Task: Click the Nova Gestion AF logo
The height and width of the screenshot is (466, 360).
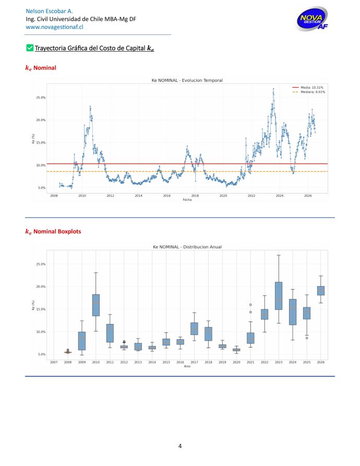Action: pos(312,19)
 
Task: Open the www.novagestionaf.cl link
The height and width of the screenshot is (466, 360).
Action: pos(54,27)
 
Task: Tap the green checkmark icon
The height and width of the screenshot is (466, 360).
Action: pos(30,48)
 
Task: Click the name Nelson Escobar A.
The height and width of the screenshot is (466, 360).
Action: pos(50,11)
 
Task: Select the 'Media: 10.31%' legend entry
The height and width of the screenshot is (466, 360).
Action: pos(308,88)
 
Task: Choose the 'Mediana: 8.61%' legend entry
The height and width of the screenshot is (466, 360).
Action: pos(309,92)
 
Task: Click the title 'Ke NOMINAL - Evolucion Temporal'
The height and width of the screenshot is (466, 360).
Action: pos(187,80)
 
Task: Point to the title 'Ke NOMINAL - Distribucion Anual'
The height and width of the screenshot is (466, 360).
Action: pos(187,247)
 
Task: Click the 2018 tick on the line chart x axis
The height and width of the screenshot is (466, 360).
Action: pos(195,196)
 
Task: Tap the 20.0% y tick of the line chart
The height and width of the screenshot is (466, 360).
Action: pos(41,120)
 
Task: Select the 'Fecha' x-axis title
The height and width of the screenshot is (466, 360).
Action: pos(187,200)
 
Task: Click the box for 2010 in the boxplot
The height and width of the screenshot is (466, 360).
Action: pos(96,305)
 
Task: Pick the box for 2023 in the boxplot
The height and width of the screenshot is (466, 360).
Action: pos(279,296)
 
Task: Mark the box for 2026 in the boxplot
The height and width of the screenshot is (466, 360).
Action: pos(321,291)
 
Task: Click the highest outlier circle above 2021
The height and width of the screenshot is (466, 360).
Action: pos(250,305)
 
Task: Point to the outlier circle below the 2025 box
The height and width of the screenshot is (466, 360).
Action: pos(307,338)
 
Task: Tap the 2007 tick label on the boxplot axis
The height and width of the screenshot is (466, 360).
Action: pos(54,362)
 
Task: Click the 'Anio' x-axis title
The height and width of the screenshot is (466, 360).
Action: pos(187,366)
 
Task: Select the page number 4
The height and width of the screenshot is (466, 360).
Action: pos(180,446)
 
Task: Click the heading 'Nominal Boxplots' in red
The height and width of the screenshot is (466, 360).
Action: pos(57,232)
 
